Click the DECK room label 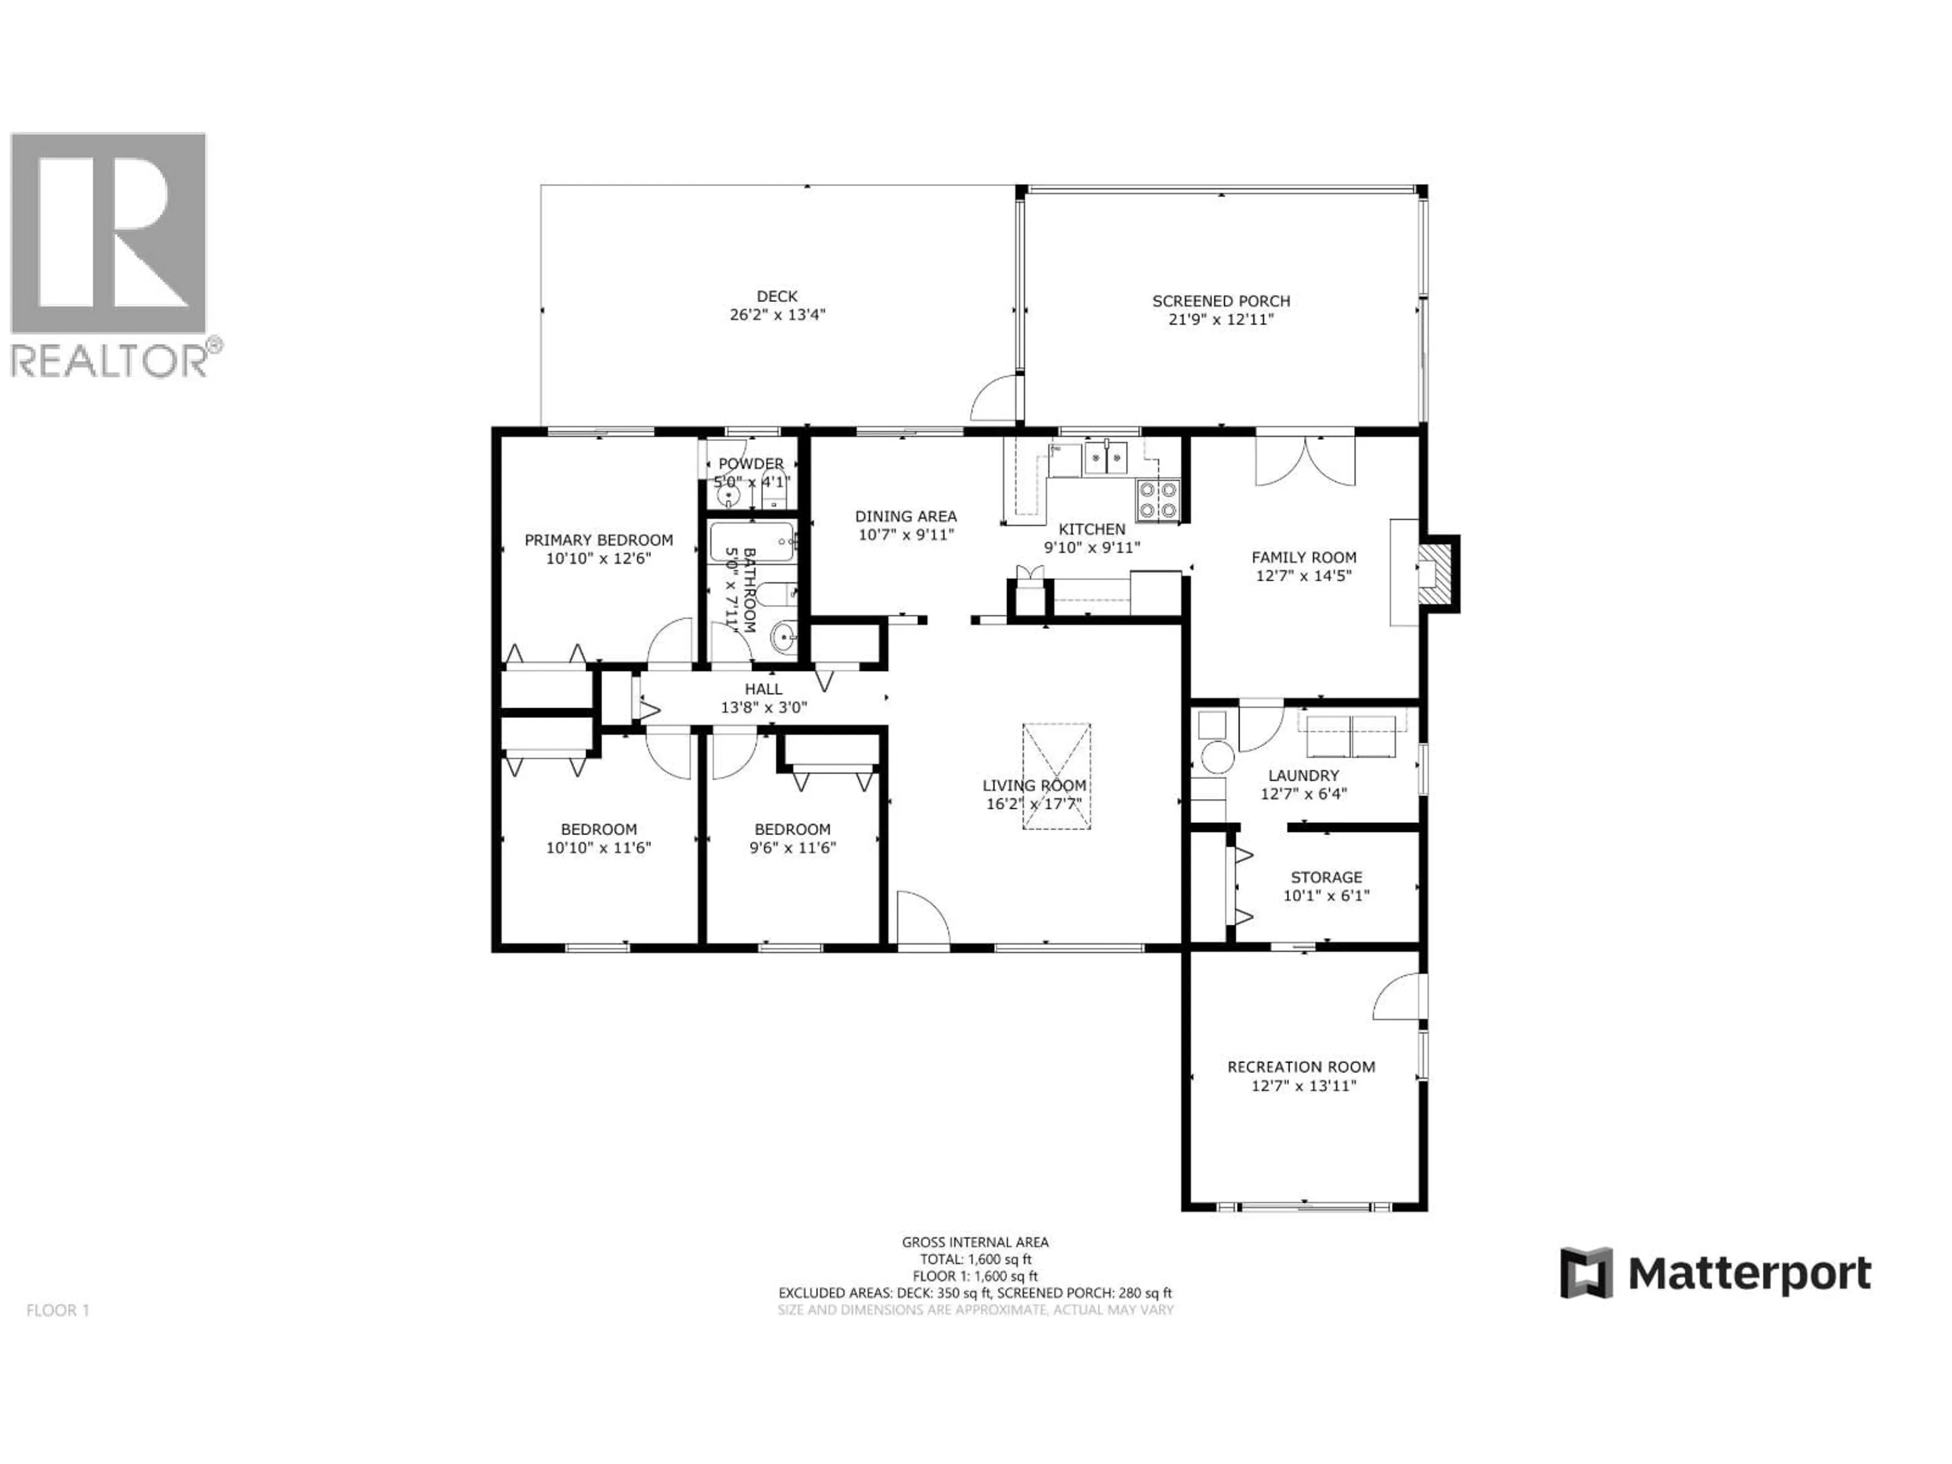click(777, 296)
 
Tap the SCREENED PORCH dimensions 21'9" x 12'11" click(1221, 319)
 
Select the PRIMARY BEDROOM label click(598, 540)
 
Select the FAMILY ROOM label click(1303, 557)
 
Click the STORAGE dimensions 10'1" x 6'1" click(1325, 896)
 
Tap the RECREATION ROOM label click(1301, 1067)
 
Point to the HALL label click(764, 689)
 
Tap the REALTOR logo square click(108, 233)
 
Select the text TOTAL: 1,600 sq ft click(975, 1259)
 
